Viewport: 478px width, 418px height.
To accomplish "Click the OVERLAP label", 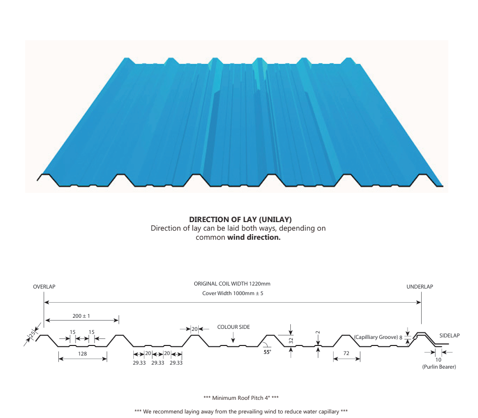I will tap(44, 287).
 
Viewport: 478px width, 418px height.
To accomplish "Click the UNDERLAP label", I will tap(420, 287).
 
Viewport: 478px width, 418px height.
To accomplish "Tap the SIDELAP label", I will tap(449, 335).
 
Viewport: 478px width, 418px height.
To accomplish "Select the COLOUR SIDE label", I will tap(233, 327).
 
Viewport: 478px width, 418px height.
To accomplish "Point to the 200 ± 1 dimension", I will tap(81, 316).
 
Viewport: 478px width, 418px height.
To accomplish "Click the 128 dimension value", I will tap(83, 354).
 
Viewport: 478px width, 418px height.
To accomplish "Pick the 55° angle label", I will tap(267, 352).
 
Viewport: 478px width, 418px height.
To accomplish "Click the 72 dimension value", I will tap(346, 354).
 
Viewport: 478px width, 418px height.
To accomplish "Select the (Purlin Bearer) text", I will tap(439, 367).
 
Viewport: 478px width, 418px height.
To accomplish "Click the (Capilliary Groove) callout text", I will tap(375, 336).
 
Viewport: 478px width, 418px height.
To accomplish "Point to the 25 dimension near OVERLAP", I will tap(32, 334).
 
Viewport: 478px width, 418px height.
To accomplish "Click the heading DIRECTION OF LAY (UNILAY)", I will tap(241, 220).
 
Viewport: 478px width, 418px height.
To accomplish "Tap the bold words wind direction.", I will tap(254, 237).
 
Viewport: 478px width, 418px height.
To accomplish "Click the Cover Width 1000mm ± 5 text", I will tap(232, 293).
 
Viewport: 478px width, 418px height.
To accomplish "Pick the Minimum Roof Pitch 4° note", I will tap(241, 398).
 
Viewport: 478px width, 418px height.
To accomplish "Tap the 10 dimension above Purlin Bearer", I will tap(438, 360).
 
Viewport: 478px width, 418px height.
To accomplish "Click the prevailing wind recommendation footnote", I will tap(241, 411).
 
